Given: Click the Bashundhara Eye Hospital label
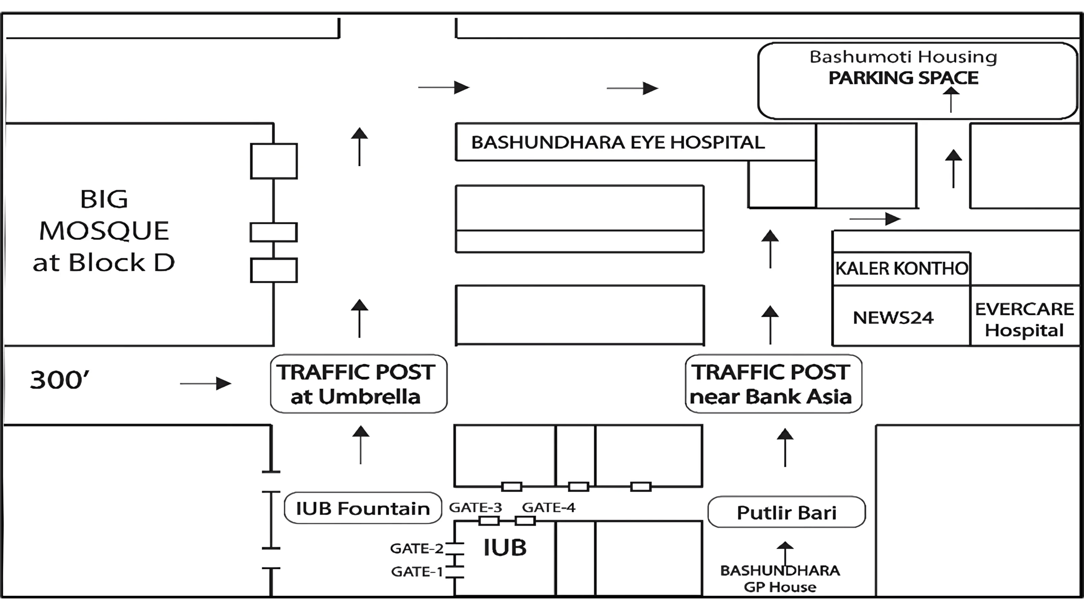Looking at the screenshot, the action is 618,142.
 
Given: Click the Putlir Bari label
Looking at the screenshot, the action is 786,512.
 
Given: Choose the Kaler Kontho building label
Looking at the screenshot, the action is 901,268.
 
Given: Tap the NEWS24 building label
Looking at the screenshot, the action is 893,317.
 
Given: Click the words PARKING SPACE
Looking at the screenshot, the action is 903,78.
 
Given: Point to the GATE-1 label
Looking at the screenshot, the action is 417,572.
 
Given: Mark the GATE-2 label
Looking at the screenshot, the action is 417,548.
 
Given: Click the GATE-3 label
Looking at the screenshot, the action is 476,508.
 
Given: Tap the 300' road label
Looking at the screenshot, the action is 60,380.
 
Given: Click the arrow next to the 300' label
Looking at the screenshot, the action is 206,384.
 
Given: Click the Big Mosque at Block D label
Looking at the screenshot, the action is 104,231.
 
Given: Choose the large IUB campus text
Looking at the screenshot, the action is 505,548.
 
